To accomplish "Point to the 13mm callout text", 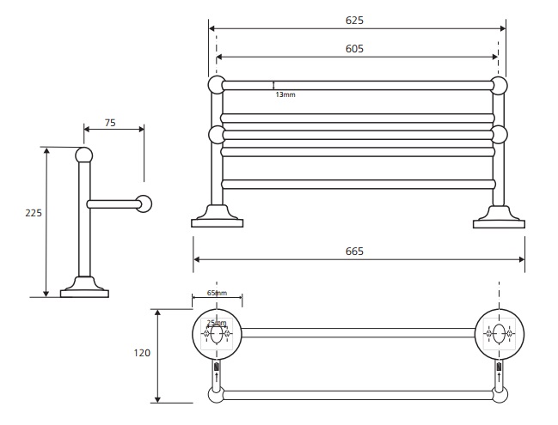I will (285, 94).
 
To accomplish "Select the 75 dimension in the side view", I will (110, 123).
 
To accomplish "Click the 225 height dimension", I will (33, 212).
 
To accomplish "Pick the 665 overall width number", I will (354, 252).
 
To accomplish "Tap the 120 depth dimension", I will (143, 353).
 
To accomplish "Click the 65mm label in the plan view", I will (217, 294).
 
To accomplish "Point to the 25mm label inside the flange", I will (217, 324).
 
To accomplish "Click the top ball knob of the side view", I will (83, 155).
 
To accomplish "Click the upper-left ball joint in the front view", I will (216, 84).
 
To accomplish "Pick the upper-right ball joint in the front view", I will (499, 84).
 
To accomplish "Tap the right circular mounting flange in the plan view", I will (499, 332).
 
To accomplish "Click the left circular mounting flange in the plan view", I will (217, 332).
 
